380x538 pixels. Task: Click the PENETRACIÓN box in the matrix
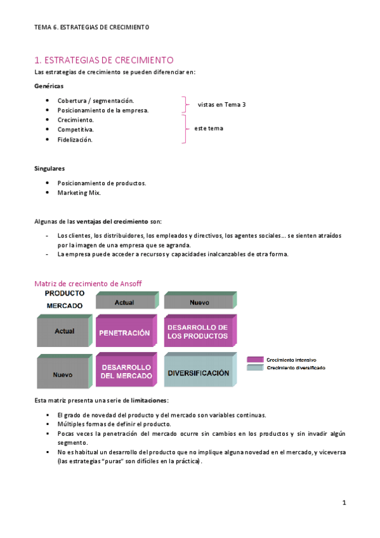124,332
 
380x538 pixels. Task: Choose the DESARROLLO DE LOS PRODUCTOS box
197,331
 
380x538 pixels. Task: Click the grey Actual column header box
124,302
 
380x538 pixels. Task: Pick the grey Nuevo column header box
199,302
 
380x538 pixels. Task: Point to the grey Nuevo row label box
63,374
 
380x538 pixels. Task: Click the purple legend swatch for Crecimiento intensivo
255,359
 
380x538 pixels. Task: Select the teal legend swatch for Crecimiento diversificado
255,368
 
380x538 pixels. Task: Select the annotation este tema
209,128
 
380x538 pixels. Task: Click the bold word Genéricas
48,86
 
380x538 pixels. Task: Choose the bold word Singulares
49,168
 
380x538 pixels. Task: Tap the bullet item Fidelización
75,140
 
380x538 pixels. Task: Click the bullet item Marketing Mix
79,192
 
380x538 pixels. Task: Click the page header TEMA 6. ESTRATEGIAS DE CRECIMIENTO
91,27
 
